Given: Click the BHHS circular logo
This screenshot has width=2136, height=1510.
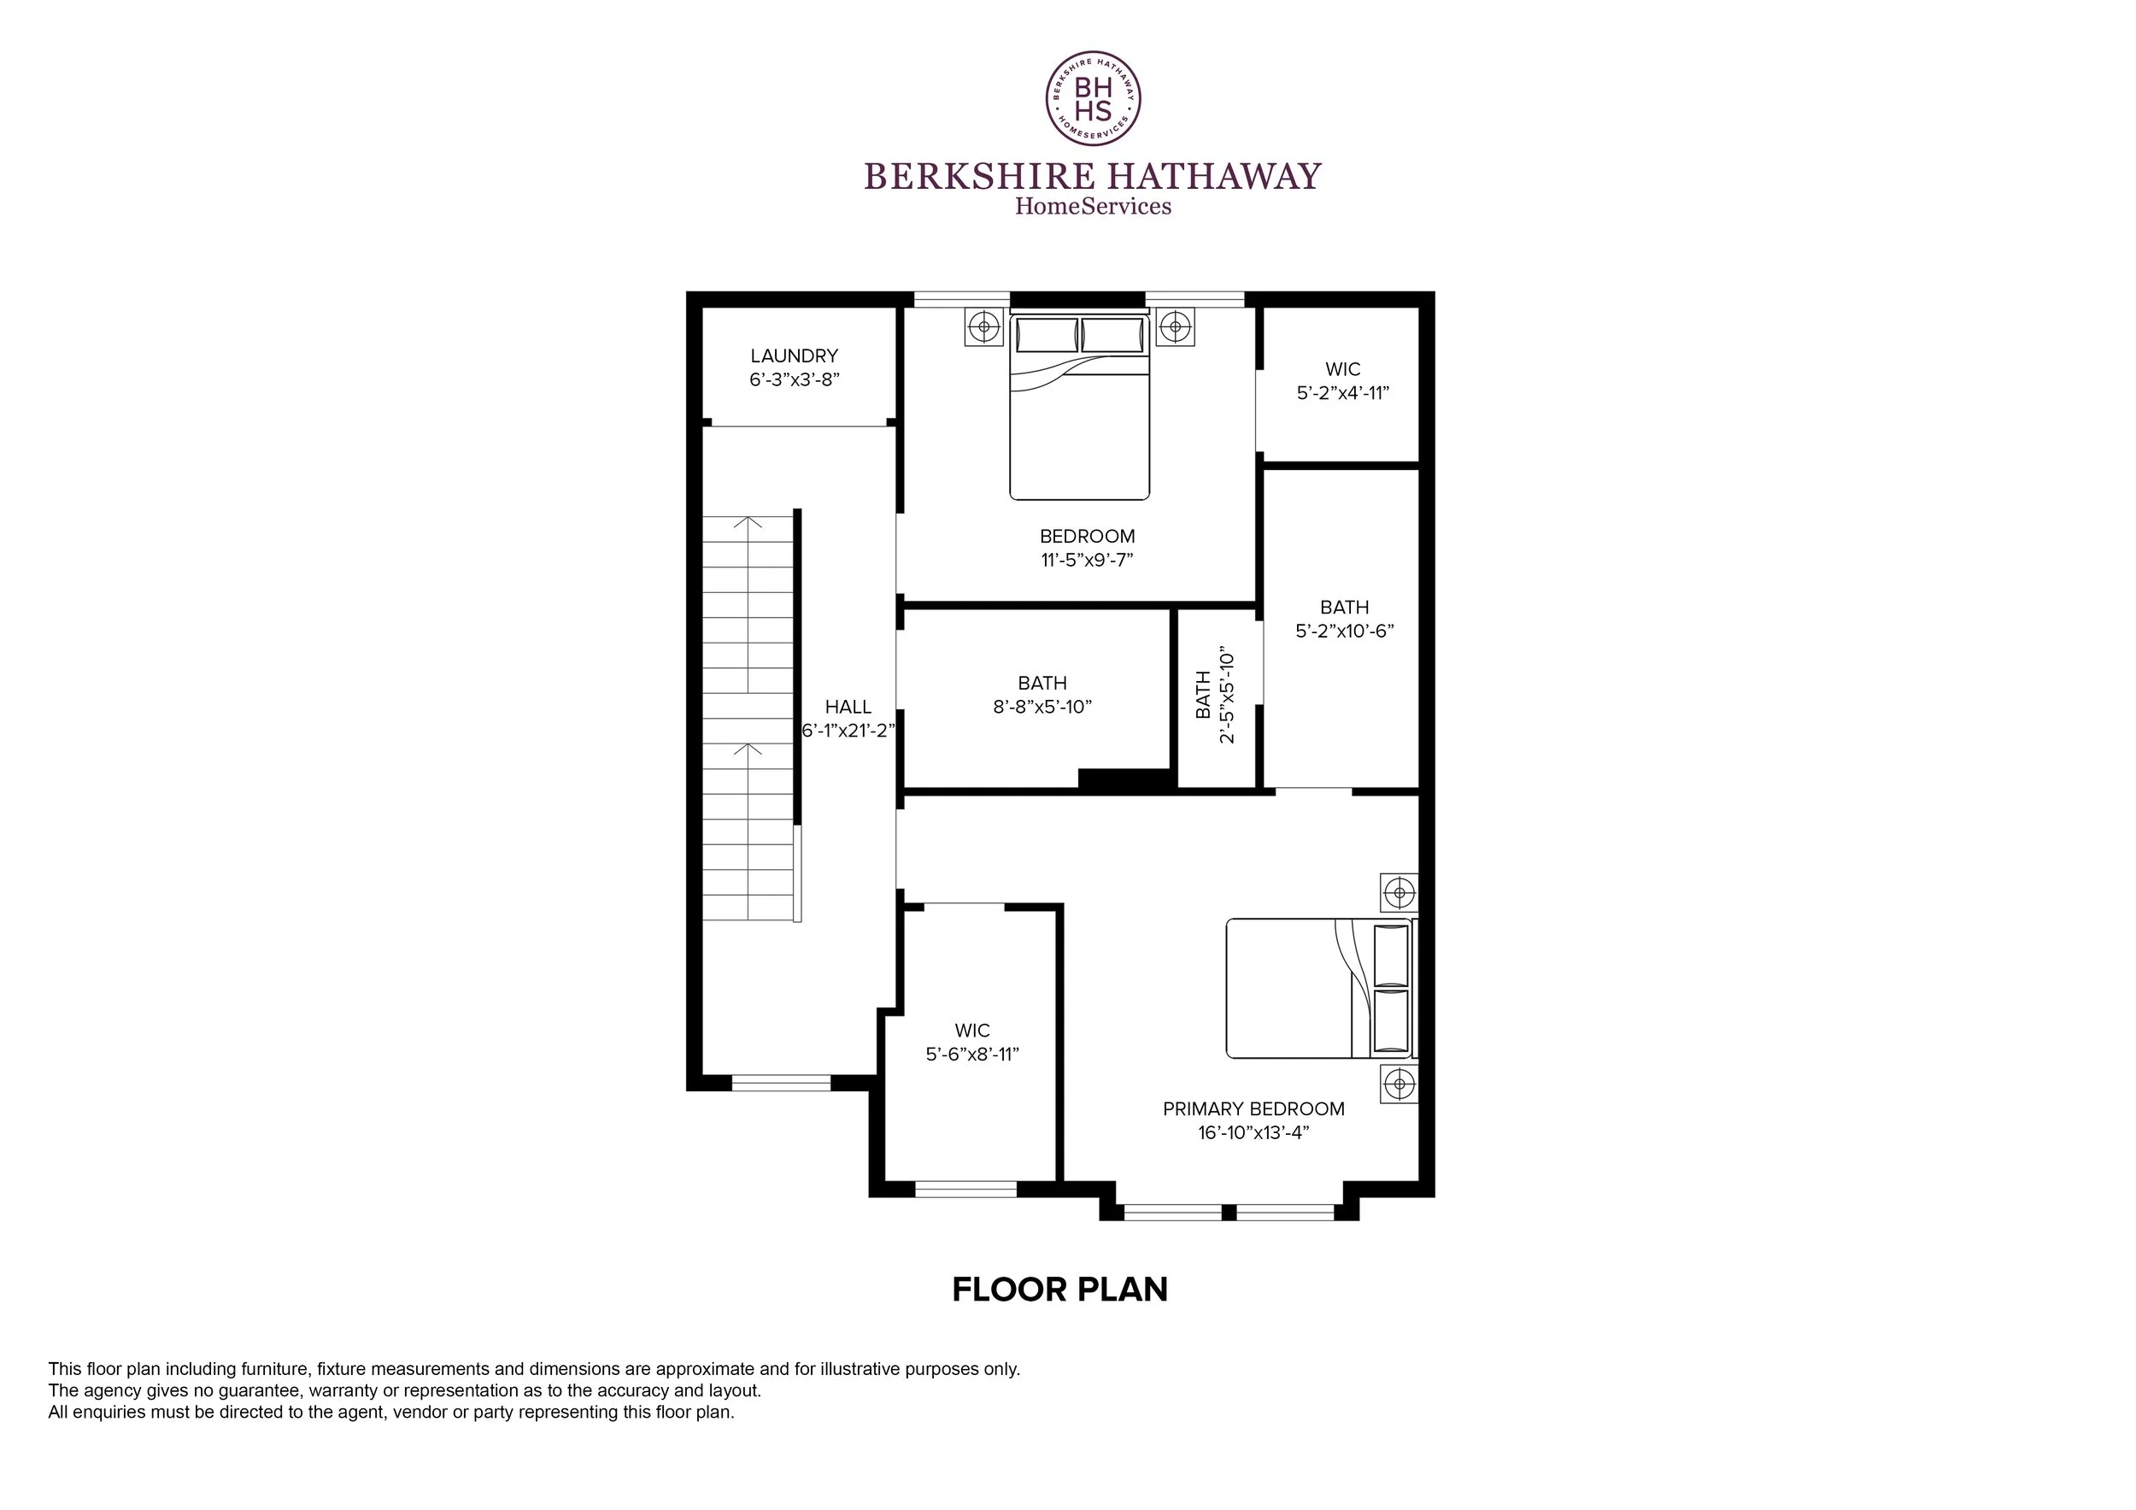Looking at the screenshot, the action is [x=1093, y=98].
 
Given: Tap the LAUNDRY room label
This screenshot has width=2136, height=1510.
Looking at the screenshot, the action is [x=795, y=355].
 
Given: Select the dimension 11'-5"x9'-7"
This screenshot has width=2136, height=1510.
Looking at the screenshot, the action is [x=1088, y=560].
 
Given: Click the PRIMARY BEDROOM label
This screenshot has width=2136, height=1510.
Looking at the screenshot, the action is [x=1254, y=1109].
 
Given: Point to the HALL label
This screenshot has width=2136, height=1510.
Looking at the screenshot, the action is [x=848, y=707].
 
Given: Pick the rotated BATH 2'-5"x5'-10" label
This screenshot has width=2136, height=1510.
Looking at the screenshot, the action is [x=1215, y=695].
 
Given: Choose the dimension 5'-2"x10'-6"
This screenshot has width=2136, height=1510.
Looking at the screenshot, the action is [x=1344, y=631].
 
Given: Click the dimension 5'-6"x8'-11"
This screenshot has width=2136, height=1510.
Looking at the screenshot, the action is [x=972, y=1055].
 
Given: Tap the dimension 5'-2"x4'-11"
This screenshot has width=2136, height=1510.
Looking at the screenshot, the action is [x=1343, y=392].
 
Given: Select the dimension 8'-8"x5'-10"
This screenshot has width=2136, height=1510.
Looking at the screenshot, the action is [x=1042, y=706].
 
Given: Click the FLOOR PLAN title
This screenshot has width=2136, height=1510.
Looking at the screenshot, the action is [x=1059, y=1290].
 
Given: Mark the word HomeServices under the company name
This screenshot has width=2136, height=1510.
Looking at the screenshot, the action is [x=1093, y=206].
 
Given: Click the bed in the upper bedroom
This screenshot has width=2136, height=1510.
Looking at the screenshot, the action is [x=1080, y=407].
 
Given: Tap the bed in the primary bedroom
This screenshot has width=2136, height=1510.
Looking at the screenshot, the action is [x=1319, y=988].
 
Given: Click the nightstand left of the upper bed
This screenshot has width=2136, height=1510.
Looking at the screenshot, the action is [x=983, y=326].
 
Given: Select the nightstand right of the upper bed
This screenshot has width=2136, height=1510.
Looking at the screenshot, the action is [x=1176, y=326].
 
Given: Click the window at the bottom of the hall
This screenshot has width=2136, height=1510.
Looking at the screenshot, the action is [x=781, y=1082].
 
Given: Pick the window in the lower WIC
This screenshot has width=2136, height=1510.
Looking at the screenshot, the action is [x=965, y=1188].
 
